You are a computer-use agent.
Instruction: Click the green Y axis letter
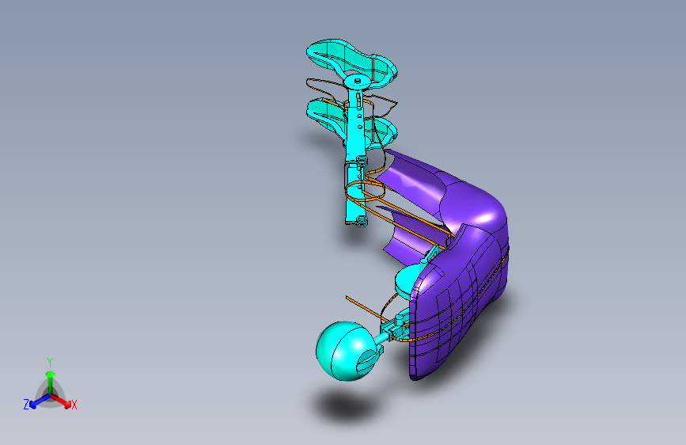pyautogui.click(x=49, y=361)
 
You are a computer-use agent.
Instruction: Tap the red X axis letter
pyautogui.click(x=74, y=405)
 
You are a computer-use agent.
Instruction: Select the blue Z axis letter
pyautogui.click(x=26, y=404)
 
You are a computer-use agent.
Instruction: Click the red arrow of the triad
pyautogui.click(x=63, y=397)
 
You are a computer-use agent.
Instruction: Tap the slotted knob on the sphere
pyautogui.click(x=368, y=361)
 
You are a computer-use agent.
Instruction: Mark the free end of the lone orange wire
pyautogui.click(x=347, y=297)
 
